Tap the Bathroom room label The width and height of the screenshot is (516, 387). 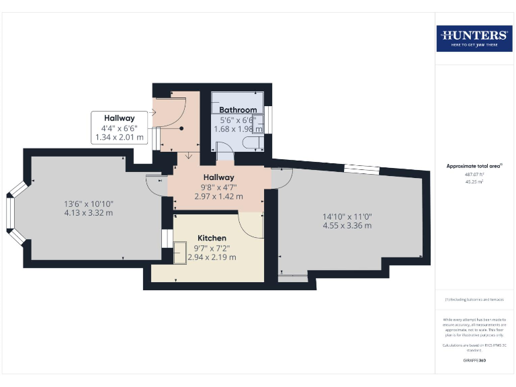(x=237, y=110)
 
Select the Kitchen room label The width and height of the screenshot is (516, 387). (x=212, y=238)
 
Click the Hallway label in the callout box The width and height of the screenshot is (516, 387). (x=119, y=118)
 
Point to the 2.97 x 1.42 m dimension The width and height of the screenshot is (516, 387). (x=218, y=197)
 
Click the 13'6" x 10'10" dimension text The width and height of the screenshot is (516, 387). (x=88, y=204)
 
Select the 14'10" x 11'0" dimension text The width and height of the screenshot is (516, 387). (x=347, y=216)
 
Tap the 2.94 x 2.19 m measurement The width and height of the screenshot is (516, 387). (x=212, y=257)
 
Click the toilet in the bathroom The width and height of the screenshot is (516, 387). (x=253, y=142)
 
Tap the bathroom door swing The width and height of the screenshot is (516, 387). (x=224, y=156)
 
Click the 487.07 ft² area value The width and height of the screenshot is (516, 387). (x=474, y=173)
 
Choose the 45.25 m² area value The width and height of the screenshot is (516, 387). (x=474, y=181)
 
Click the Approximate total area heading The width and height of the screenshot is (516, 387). (x=474, y=166)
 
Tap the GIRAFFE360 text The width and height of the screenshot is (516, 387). (x=474, y=361)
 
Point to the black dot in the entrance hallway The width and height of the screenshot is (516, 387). (x=181, y=129)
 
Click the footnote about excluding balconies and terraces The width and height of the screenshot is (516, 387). (x=474, y=300)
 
